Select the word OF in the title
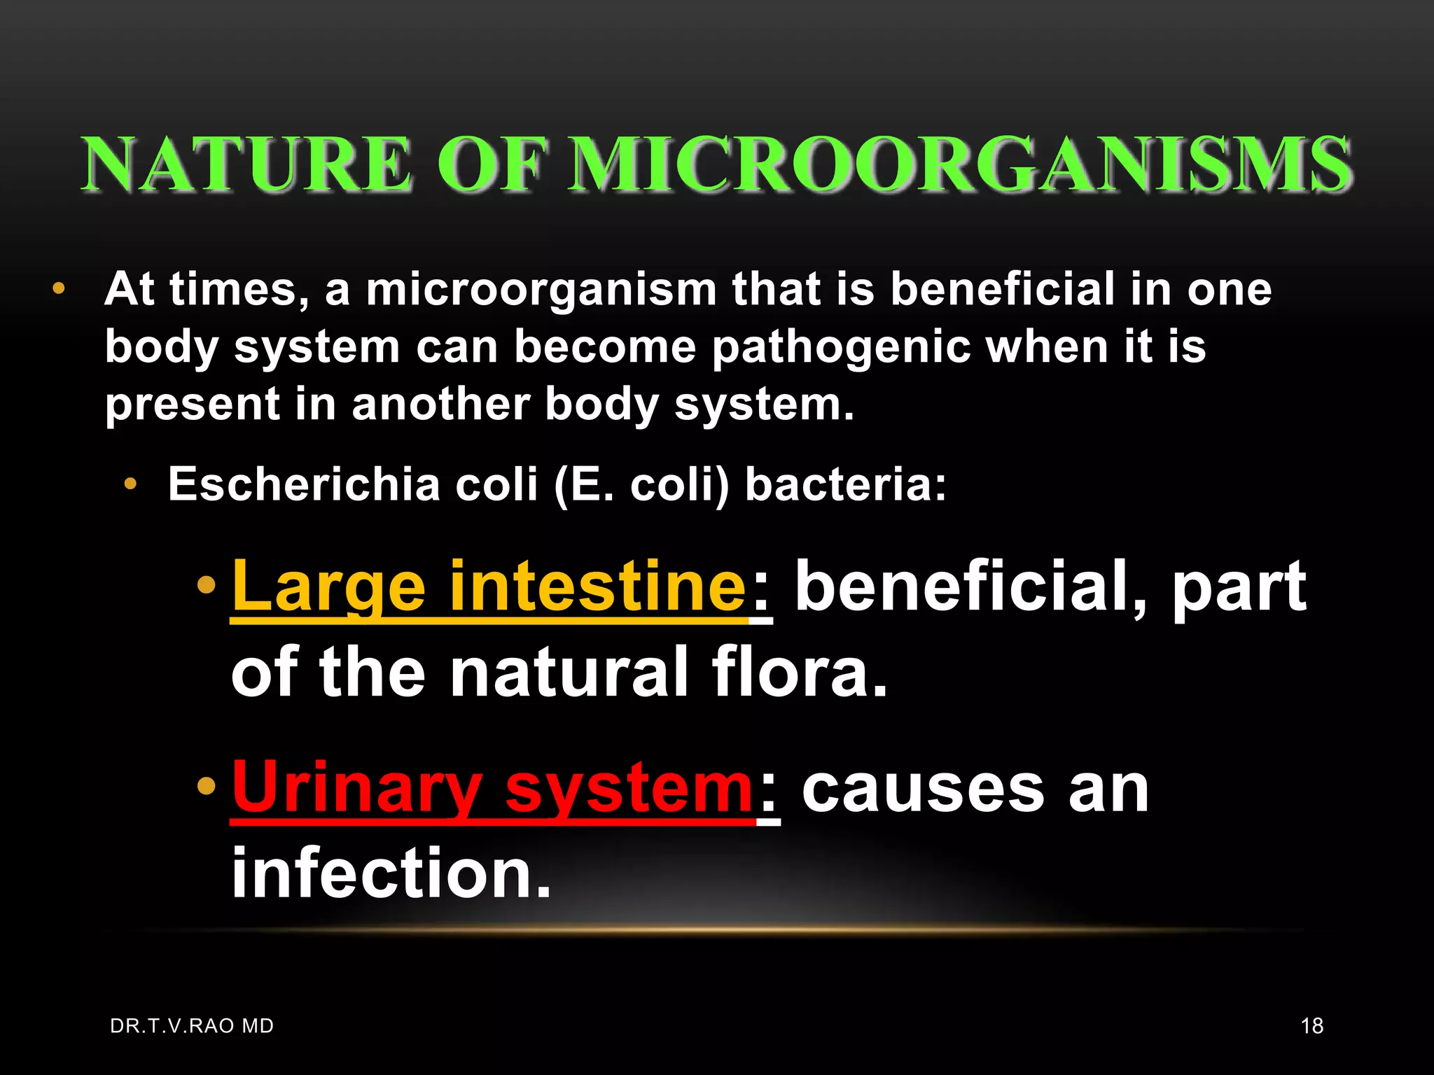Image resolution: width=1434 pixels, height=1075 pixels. (x=490, y=165)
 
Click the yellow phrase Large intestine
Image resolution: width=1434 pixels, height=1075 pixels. (x=489, y=586)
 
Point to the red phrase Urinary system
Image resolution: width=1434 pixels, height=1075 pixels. (x=492, y=789)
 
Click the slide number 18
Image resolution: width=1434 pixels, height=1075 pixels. (x=1311, y=1026)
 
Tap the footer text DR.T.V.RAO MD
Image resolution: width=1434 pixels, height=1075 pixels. (x=192, y=1026)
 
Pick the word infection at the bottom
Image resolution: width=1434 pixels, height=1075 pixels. (x=391, y=873)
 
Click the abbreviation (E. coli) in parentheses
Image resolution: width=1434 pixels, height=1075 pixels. (x=641, y=484)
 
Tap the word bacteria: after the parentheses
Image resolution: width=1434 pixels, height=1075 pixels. (x=845, y=484)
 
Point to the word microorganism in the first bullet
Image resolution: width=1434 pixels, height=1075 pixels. (x=541, y=290)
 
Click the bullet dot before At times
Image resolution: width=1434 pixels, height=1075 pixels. (x=59, y=288)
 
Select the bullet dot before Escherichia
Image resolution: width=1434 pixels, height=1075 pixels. (x=130, y=484)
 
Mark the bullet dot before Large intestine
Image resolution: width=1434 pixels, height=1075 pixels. (x=207, y=585)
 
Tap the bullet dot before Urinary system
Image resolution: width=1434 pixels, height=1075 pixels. (x=207, y=786)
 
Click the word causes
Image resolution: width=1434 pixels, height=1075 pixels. (x=923, y=789)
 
